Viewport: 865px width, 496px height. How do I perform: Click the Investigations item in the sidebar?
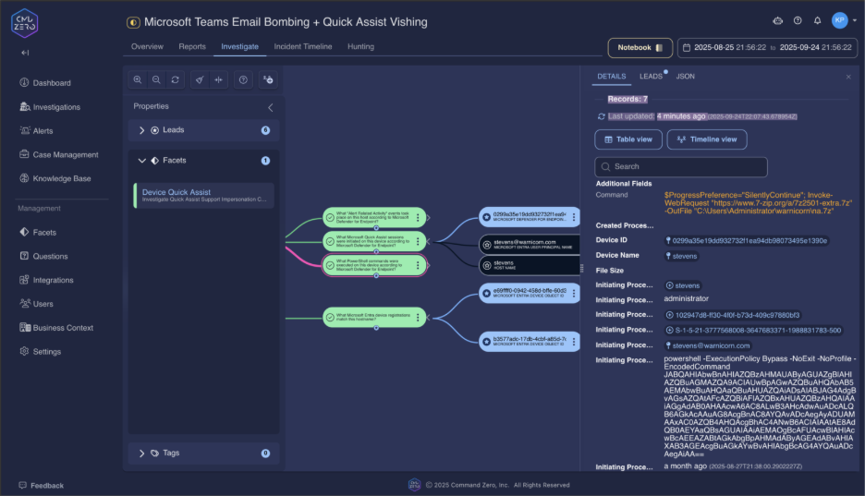(55, 107)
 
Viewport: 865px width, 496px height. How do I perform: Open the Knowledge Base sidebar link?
(61, 178)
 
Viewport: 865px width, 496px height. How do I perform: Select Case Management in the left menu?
(65, 154)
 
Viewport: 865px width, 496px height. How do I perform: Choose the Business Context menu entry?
(63, 328)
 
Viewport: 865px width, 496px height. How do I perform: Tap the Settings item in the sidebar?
(46, 352)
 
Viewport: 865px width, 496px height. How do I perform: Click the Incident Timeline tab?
(302, 46)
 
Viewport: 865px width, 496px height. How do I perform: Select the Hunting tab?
(360, 46)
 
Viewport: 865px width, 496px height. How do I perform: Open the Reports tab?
(192, 46)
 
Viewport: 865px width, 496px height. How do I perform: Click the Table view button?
(628, 139)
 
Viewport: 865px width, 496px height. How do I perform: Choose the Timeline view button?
(707, 139)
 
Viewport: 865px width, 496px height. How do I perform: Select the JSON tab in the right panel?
(685, 77)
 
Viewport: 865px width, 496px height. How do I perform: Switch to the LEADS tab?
(651, 77)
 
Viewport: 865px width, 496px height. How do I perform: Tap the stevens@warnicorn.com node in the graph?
(530, 244)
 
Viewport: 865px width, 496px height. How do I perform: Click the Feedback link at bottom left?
(46, 486)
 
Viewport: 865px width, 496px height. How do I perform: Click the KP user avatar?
(839, 20)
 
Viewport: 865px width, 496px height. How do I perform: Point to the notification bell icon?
(817, 20)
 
